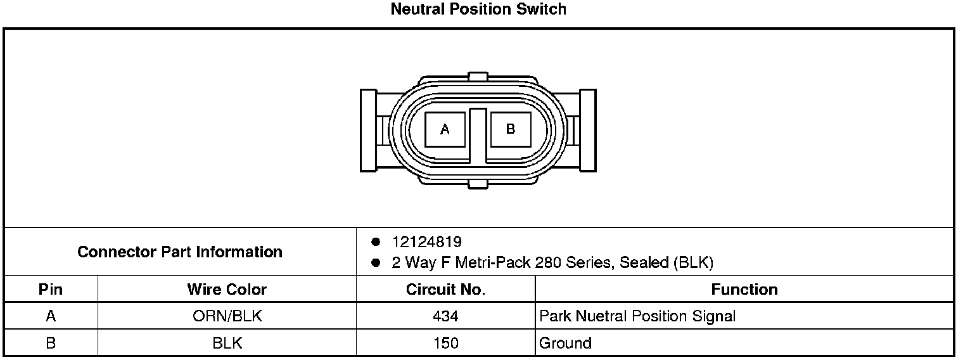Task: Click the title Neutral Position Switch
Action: [478, 9]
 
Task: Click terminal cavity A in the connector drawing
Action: [445, 129]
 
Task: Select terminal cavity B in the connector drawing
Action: [511, 129]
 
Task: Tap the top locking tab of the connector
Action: [478, 77]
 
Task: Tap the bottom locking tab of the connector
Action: [478, 184]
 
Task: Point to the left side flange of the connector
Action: [369, 131]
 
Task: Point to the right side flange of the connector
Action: [588, 131]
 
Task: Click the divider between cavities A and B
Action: [478, 136]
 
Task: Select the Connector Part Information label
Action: [180, 252]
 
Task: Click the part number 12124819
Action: [427, 241]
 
